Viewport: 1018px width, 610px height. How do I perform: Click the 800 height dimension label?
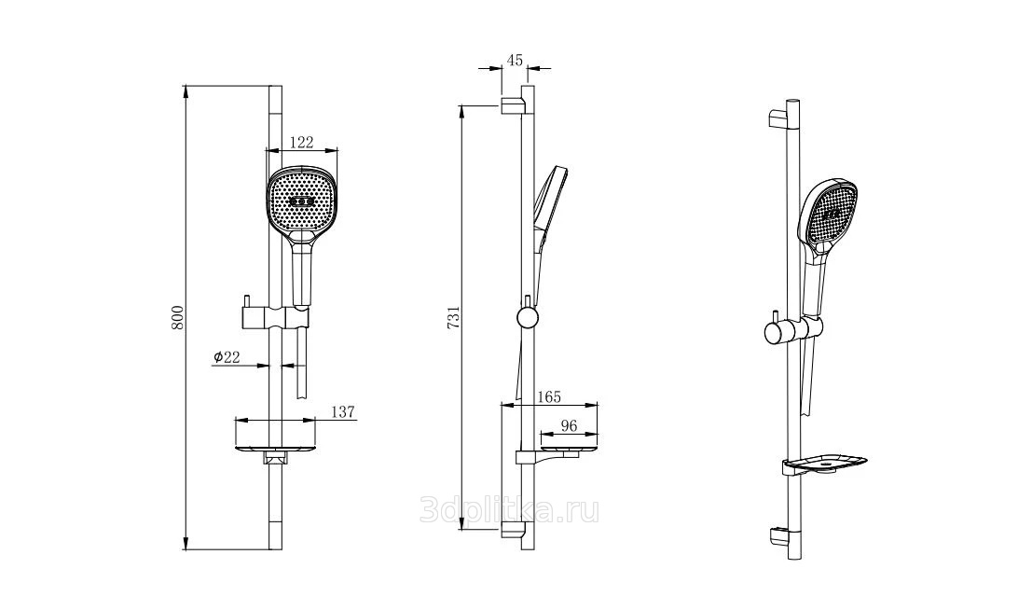click(x=179, y=317)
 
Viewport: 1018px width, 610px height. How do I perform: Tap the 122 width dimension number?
click(x=301, y=143)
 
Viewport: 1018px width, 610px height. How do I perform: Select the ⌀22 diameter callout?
click(x=227, y=356)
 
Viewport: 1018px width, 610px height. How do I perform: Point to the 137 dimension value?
click(x=343, y=411)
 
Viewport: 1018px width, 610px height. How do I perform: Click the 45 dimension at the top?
click(x=515, y=61)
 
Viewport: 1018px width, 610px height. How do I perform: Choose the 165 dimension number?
click(x=548, y=397)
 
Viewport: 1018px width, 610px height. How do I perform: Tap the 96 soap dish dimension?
click(x=569, y=426)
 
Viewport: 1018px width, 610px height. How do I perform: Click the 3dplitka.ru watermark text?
click(x=509, y=510)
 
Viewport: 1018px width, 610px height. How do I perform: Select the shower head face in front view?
click(x=302, y=202)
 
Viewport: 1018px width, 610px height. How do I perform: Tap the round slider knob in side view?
click(x=527, y=318)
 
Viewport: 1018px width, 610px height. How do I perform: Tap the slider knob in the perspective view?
click(x=775, y=333)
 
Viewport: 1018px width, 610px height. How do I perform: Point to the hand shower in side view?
click(x=546, y=209)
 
